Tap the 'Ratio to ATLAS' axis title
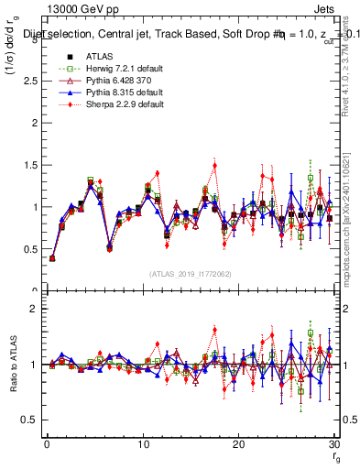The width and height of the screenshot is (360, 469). point(12,365)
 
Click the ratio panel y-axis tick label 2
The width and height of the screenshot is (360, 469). point(34,309)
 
